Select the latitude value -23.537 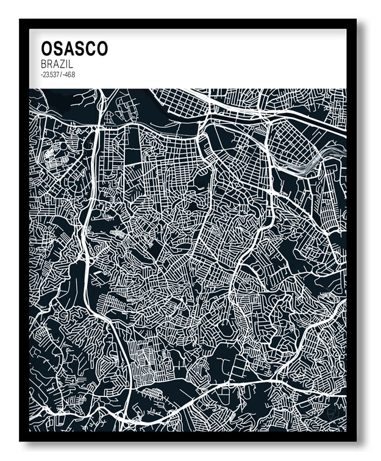pyautogui.click(x=49, y=75)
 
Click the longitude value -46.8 pyautogui.click(x=69, y=75)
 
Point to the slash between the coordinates pyautogui.click(x=60, y=75)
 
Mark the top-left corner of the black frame pyautogui.click(x=21, y=20)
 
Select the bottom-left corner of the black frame pyautogui.click(x=21, y=440)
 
